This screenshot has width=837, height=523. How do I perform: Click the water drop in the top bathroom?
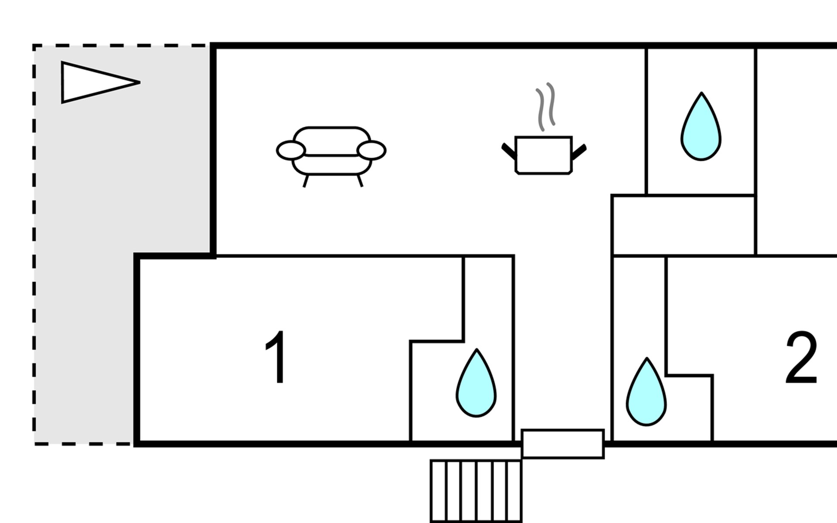coord(701,126)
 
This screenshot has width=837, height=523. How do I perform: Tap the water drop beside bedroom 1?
coord(476,383)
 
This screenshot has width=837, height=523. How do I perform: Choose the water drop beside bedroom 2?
coord(646,392)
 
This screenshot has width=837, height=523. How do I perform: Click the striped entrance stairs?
coord(476,491)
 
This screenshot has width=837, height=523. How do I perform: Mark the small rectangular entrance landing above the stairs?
coord(563,444)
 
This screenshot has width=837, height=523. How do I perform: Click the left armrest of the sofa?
coord(291,150)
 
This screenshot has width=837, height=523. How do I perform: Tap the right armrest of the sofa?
coord(371,150)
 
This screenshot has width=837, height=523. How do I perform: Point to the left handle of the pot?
coord(509,151)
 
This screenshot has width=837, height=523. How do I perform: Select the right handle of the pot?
coord(579,152)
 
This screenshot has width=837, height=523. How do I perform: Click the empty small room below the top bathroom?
coord(684,225)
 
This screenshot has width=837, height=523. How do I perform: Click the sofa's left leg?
coord(306,181)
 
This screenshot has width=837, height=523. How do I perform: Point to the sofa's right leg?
coord(360,180)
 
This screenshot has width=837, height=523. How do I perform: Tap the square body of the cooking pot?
coord(544,155)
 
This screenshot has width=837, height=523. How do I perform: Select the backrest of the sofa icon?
coord(331,140)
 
